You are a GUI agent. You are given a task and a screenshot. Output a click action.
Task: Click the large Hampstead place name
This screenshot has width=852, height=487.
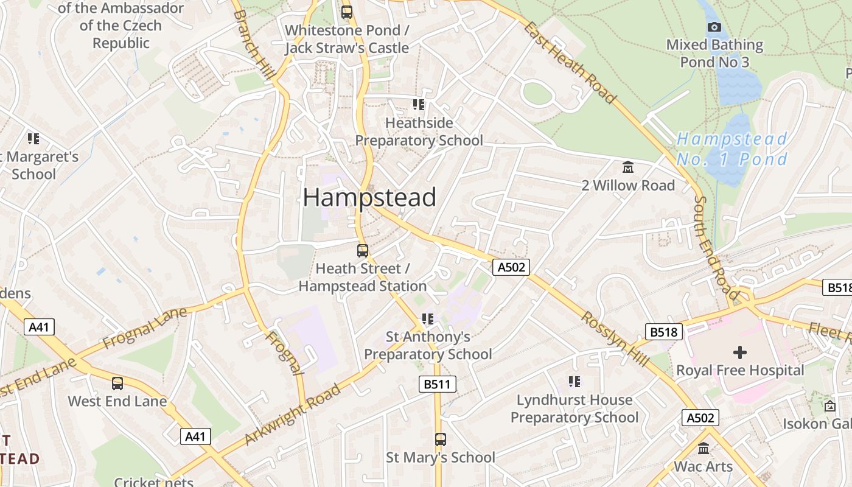(369, 198)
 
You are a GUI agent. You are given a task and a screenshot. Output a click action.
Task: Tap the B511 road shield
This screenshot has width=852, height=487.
(437, 384)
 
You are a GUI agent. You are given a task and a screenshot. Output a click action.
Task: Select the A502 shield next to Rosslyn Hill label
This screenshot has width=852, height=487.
(511, 267)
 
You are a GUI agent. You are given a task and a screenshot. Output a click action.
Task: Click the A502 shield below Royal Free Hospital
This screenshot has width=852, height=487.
(700, 418)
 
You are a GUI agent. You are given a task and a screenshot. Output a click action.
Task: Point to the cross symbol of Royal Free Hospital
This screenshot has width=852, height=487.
(739, 352)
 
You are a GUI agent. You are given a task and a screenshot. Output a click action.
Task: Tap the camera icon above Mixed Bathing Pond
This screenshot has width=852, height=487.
(714, 27)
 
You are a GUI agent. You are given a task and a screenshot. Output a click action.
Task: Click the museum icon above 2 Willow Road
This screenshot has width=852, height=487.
(627, 167)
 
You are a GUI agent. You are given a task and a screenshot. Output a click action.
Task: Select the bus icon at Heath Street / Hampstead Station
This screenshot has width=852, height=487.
(362, 250)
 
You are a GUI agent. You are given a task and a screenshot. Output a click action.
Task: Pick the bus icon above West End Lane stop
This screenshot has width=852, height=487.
(117, 384)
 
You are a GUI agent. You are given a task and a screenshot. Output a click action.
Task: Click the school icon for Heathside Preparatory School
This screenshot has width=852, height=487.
(419, 105)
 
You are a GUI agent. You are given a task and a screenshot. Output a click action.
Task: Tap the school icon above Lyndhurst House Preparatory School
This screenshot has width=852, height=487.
(574, 382)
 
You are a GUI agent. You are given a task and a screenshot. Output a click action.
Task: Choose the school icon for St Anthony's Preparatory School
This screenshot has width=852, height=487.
(428, 318)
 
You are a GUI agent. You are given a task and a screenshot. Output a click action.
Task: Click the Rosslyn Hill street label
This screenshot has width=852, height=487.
(615, 339)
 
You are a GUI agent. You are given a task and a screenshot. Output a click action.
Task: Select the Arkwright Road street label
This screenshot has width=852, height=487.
(292, 415)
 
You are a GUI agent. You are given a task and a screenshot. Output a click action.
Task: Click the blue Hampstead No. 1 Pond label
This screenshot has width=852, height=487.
(732, 149)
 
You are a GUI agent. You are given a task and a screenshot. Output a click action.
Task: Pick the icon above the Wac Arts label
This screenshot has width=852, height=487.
(704, 449)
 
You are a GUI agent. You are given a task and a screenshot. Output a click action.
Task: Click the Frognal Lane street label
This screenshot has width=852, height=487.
(145, 329)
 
